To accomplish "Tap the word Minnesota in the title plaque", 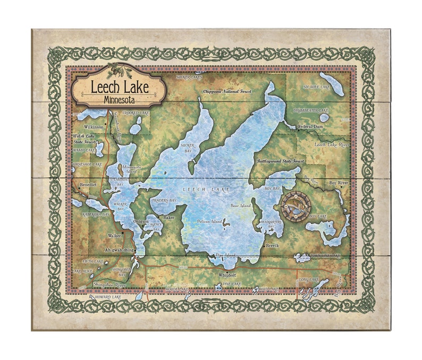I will click(x=119, y=99).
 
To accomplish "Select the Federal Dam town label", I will click(x=310, y=126).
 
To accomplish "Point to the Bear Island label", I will click(x=240, y=205).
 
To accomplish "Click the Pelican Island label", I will click(x=209, y=221).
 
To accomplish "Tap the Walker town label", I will click(x=114, y=235).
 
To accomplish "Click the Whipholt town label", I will click(x=227, y=275).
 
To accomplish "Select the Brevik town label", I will click(x=272, y=246).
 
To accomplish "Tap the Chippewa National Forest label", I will click(x=227, y=91).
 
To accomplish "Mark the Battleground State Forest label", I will click(x=281, y=160).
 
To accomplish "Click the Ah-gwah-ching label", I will click(x=120, y=250).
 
